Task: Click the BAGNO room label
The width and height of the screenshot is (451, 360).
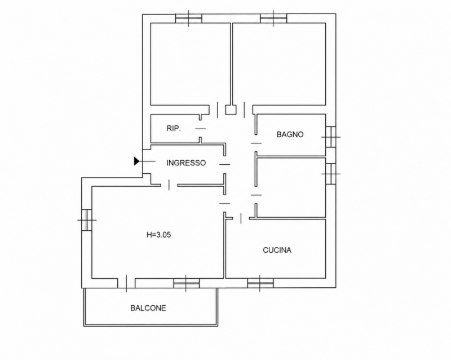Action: click(x=290, y=134)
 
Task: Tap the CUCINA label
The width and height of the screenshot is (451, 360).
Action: click(x=277, y=250)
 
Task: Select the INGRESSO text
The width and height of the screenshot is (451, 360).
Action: click(x=186, y=163)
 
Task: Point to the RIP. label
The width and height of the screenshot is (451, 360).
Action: click(x=174, y=129)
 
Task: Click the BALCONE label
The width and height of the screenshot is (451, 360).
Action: click(x=148, y=308)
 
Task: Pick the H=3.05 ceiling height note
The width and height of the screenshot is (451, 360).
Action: click(x=158, y=235)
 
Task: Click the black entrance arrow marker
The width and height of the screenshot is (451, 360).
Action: click(x=136, y=161)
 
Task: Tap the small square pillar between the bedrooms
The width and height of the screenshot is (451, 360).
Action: click(x=231, y=109)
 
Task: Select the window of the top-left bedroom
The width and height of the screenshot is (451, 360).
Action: click(x=189, y=19)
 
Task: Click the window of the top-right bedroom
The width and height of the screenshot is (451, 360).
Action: click(x=273, y=19)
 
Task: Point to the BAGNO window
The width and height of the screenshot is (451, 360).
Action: click(x=331, y=137)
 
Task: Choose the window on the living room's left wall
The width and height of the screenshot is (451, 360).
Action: click(x=87, y=219)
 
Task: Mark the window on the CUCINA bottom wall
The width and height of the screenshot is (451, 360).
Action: click(x=260, y=283)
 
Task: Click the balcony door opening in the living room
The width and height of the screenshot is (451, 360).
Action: click(x=126, y=283)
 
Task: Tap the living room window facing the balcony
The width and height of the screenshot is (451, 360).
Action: click(x=187, y=283)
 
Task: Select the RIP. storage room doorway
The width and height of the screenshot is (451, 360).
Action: click(x=201, y=129)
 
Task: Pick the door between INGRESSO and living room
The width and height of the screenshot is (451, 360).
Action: click(x=169, y=185)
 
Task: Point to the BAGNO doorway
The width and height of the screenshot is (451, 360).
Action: click(x=256, y=143)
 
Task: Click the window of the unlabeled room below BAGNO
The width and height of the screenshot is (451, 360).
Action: click(x=331, y=174)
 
